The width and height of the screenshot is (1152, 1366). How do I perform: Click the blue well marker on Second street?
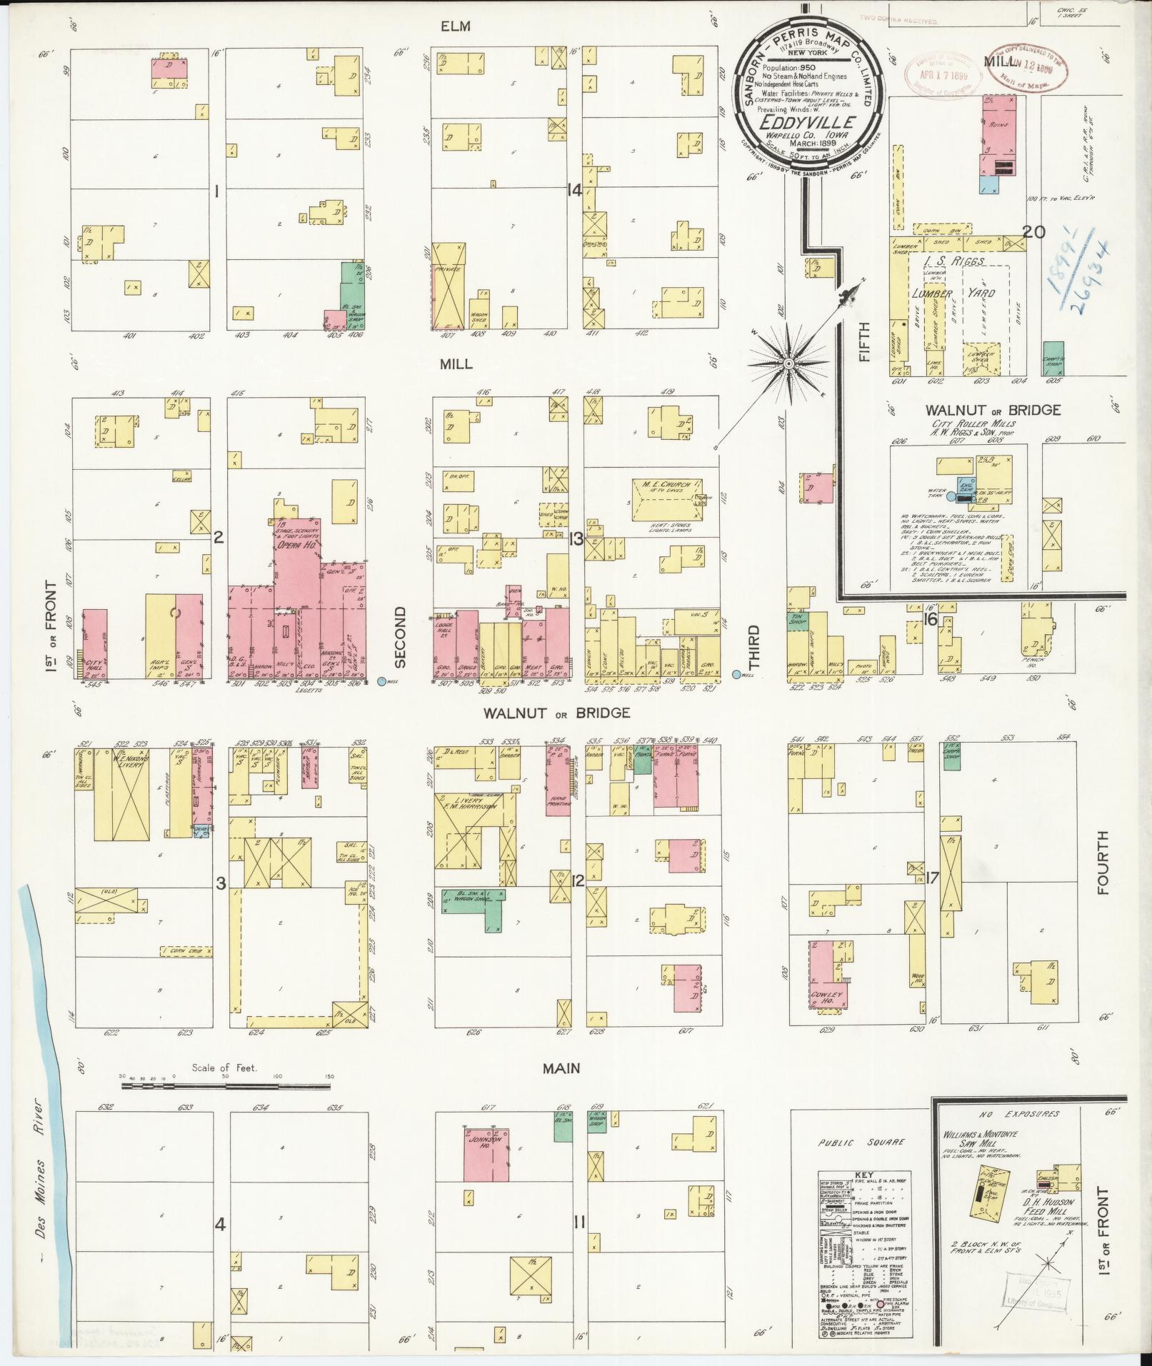click(381, 681)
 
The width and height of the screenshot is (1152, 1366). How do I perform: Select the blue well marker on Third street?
click(736, 674)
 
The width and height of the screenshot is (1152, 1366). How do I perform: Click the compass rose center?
click(788, 364)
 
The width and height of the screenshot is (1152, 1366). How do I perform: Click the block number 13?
click(576, 539)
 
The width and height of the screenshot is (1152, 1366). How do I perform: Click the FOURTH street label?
click(1103, 864)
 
